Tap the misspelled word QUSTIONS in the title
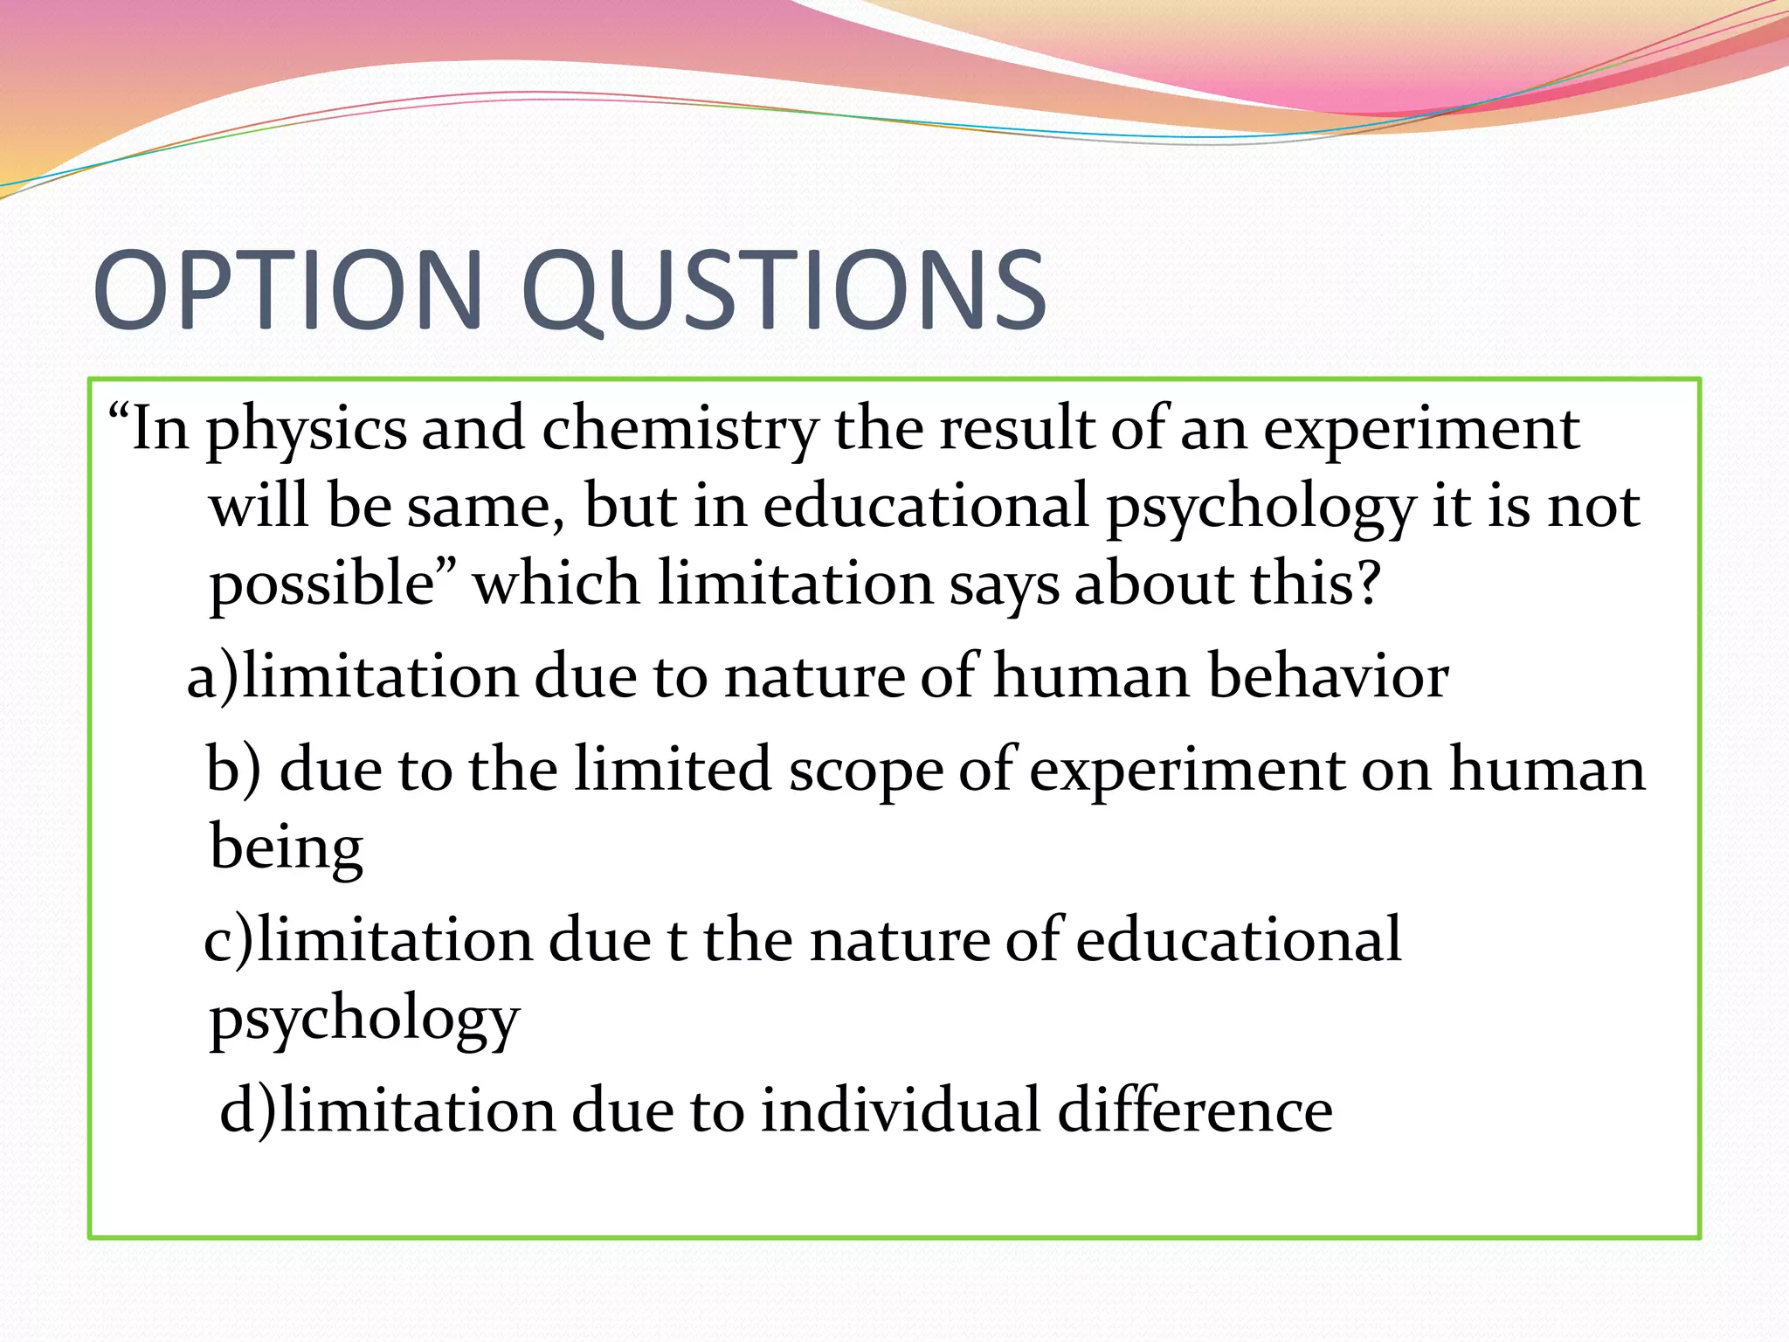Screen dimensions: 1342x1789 click(x=784, y=291)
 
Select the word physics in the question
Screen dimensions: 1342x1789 click(x=307, y=430)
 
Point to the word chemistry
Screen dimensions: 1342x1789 click(x=680, y=430)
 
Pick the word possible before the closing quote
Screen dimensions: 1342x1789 click(x=321, y=584)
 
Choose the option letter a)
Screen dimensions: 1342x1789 click(x=211, y=677)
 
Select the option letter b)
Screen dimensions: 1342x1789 click(x=233, y=770)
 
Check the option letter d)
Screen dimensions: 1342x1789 click(x=247, y=1110)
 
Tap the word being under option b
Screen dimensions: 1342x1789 click(x=286, y=847)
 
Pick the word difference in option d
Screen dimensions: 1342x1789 click(x=1195, y=1110)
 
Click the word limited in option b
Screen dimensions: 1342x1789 click(x=673, y=769)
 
